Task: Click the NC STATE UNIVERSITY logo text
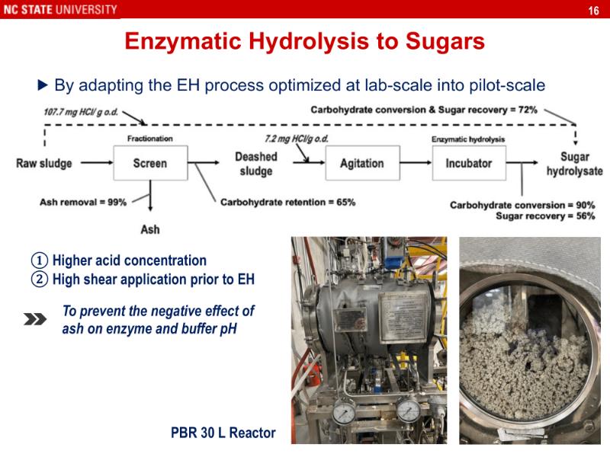click(x=59, y=9)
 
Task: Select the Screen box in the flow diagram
click(x=149, y=163)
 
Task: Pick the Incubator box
click(x=468, y=163)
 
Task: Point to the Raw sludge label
click(x=44, y=163)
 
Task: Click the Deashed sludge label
click(x=255, y=164)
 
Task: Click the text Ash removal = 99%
click(x=83, y=202)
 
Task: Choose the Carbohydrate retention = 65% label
click(x=287, y=203)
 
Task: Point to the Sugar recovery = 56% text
click(x=545, y=216)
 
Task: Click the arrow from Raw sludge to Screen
click(x=95, y=163)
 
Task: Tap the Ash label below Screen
click(x=150, y=228)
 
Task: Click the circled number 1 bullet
click(x=40, y=260)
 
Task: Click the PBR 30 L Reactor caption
click(x=223, y=434)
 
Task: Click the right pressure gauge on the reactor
click(x=409, y=412)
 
